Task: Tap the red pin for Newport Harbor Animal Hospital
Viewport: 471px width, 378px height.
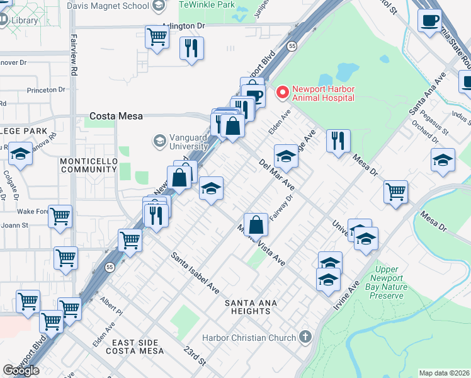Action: tap(281, 93)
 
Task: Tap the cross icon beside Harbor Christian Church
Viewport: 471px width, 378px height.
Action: tap(306, 337)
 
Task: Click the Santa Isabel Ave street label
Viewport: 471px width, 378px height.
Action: tap(195, 273)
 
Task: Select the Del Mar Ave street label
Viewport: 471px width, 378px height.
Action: tap(277, 175)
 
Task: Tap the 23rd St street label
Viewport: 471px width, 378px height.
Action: tap(195, 357)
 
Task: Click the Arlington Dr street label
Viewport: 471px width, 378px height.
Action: tap(183, 26)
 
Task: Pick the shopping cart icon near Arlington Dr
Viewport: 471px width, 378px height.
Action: tap(156, 36)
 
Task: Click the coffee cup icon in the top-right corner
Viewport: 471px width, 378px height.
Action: tap(429, 20)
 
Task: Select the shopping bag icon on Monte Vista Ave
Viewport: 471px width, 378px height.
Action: tap(256, 224)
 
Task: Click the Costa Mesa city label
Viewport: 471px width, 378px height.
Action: tap(116, 116)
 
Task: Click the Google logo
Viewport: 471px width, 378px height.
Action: tap(21, 370)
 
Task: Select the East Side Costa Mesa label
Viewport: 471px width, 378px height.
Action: tap(139, 346)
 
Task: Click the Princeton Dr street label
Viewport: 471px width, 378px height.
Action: tap(47, 89)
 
